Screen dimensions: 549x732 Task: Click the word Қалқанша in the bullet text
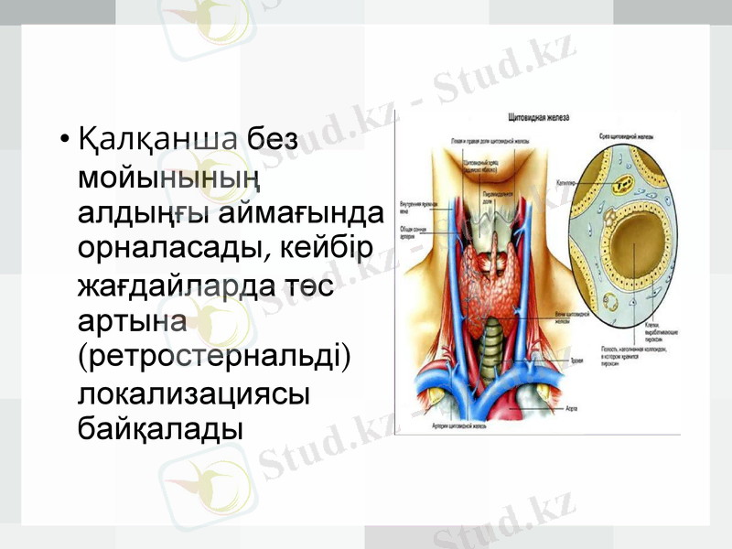[x=158, y=141]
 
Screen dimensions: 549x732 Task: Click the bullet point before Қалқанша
[x=63, y=142]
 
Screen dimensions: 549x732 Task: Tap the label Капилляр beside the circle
[x=565, y=183]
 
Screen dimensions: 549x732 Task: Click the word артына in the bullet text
[x=134, y=322]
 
